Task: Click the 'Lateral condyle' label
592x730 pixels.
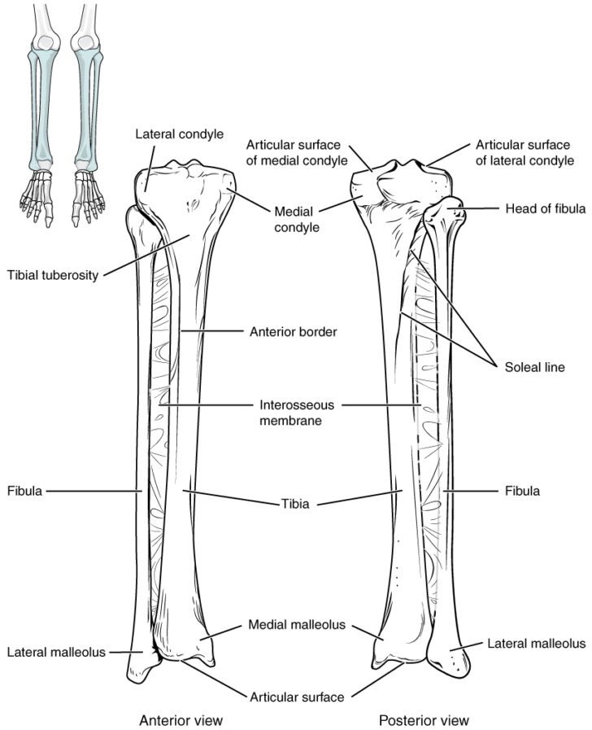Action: (x=179, y=134)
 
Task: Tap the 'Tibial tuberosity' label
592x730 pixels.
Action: (x=53, y=275)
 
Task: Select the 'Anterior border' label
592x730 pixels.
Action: (x=293, y=332)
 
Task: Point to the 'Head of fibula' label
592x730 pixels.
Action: (x=545, y=208)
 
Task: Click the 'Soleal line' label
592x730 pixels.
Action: (x=535, y=367)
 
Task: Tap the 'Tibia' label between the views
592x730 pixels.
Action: (x=295, y=504)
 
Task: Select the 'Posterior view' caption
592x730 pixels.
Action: (x=424, y=719)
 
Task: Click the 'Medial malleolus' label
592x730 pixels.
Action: (x=297, y=624)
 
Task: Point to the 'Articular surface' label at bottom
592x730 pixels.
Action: (x=297, y=697)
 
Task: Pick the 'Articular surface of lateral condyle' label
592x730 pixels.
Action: (x=525, y=153)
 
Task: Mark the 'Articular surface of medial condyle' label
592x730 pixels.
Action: (x=297, y=153)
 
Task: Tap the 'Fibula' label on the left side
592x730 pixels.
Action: (x=24, y=491)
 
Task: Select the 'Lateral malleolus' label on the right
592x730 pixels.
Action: (x=536, y=644)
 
